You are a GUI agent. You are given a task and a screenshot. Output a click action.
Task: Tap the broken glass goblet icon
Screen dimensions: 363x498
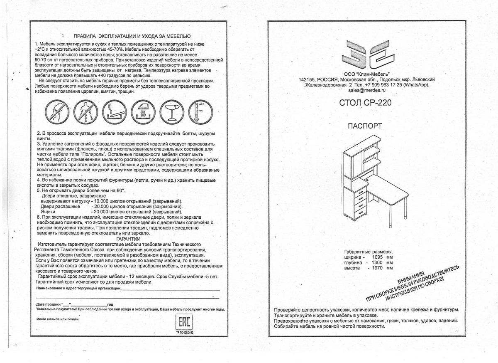[171, 112]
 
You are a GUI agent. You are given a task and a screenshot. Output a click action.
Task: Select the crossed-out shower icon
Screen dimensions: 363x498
[85, 112]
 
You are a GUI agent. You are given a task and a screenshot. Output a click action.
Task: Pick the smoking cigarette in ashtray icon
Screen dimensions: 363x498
[114, 112]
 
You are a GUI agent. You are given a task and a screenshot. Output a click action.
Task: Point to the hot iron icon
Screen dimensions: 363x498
[143, 112]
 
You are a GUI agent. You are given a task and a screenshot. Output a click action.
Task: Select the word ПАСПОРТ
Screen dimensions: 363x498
[365, 126]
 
